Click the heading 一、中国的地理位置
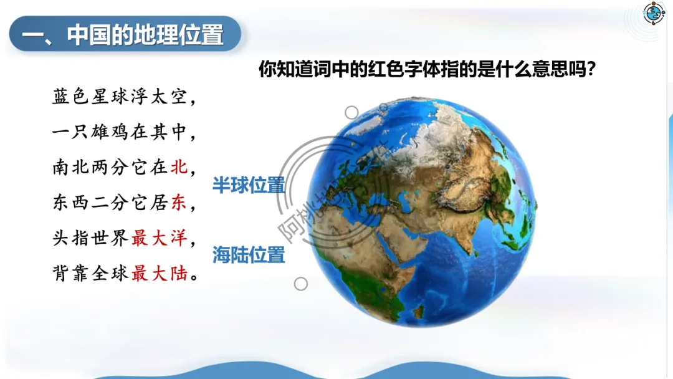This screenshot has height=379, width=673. pyautogui.click(x=123, y=34)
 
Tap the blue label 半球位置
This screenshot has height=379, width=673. pyautogui.click(x=249, y=185)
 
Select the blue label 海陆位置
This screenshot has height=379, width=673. pyautogui.click(x=249, y=255)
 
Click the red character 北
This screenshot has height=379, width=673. pyautogui.click(x=179, y=167)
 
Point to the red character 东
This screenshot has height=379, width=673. pyautogui.click(x=179, y=202)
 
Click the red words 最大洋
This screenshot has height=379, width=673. pyautogui.click(x=160, y=237)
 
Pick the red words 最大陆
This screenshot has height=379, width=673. pyautogui.click(x=160, y=273)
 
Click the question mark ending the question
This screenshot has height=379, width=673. pyautogui.click(x=591, y=69)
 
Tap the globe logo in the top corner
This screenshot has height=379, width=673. pyautogui.click(x=653, y=14)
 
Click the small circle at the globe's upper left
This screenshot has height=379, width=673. pyautogui.click(x=351, y=112)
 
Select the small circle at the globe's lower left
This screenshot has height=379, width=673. pyautogui.click(x=301, y=284)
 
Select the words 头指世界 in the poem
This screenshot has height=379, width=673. pyautogui.click(x=90, y=237)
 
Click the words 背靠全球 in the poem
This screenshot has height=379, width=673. pyautogui.click(x=90, y=273)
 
